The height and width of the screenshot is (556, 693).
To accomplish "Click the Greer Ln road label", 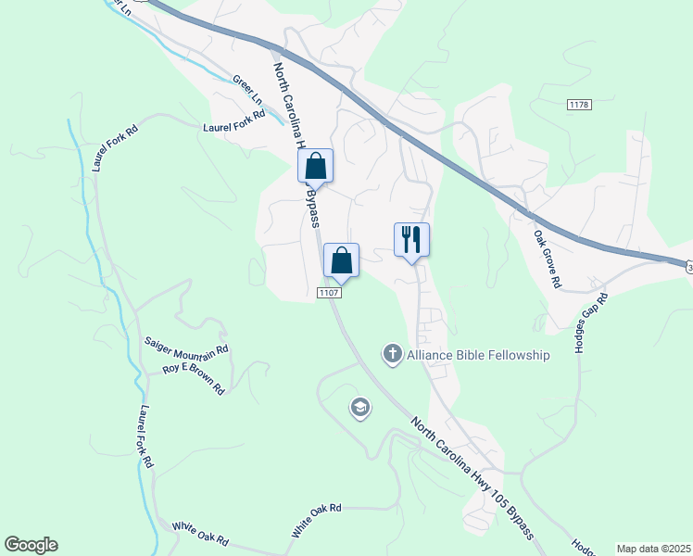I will [248, 90].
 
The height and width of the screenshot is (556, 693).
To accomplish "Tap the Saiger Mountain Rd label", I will [185, 346].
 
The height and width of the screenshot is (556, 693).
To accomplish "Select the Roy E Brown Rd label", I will [194, 378].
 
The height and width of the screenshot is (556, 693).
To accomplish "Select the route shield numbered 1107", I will [330, 293].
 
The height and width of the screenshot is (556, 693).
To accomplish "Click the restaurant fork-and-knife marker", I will [411, 239].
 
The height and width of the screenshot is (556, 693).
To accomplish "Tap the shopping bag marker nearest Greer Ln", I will [315, 168].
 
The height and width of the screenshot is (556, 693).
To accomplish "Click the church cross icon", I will [392, 354].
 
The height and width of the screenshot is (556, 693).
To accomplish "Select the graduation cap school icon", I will [359, 408].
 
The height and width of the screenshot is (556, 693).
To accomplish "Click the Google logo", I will [31, 545].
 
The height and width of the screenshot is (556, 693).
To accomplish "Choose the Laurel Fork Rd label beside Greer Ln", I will [234, 121].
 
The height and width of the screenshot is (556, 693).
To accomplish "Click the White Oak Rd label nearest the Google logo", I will [199, 534].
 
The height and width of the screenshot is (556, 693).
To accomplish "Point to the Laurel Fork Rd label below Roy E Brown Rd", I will [145, 436].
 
